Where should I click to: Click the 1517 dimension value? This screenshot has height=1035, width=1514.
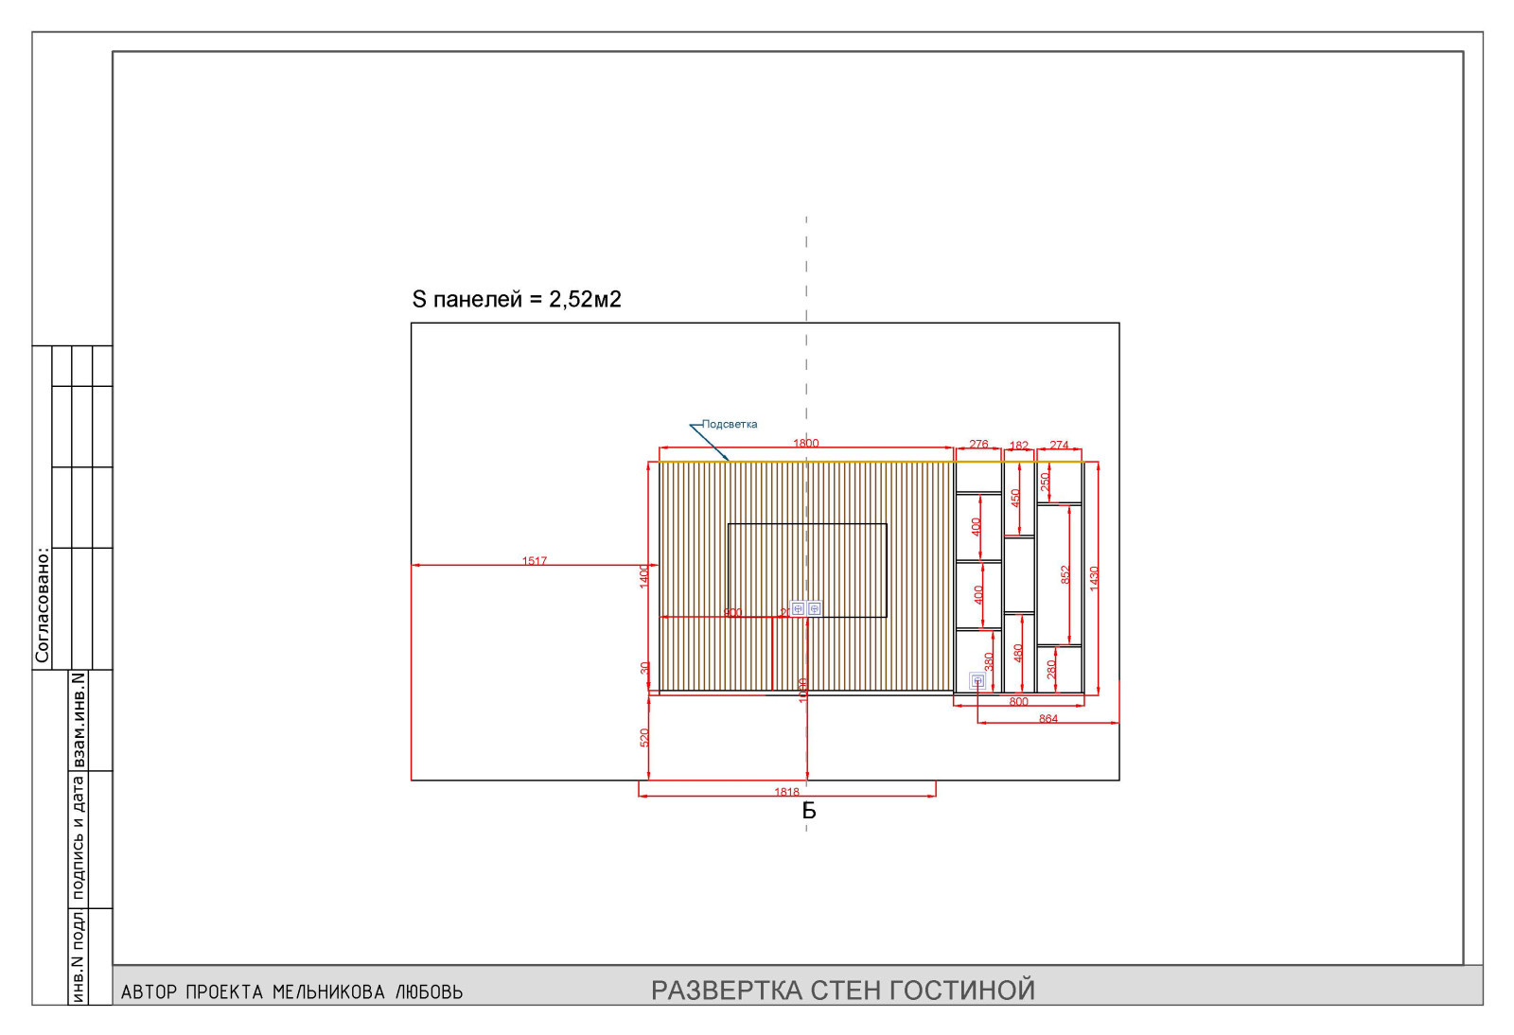tap(535, 561)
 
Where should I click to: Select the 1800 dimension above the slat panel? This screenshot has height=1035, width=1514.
tap(805, 443)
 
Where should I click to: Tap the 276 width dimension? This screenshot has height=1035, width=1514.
tap(978, 444)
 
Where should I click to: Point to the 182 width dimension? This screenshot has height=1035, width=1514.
tap(1018, 446)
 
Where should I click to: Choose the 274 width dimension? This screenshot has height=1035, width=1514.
tap(1059, 445)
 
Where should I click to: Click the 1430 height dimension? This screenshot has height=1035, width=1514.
tap(1094, 578)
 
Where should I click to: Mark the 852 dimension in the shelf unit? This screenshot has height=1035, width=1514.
tap(1065, 574)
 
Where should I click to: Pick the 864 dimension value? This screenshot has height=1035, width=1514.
tap(1048, 719)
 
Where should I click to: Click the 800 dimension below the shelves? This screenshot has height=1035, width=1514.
tap(1018, 702)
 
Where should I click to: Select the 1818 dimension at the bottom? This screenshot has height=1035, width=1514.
tap(786, 793)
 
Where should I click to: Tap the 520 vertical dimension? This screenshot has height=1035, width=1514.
tap(644, 737)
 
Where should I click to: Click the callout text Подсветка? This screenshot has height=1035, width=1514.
tap(730, 424)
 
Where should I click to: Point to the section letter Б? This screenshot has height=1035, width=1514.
tap(809, 811)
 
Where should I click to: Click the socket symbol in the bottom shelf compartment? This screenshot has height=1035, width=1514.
tap(977, 680)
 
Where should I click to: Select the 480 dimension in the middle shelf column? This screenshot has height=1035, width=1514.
tap(1018, 653)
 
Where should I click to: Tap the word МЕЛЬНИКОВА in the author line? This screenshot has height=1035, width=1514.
tap(328, 992)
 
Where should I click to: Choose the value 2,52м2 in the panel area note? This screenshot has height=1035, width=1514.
tap(585, 300)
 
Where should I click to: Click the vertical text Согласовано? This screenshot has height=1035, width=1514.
tap(42, 605)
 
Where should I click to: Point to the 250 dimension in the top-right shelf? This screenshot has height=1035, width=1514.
tap(1045, 482)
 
